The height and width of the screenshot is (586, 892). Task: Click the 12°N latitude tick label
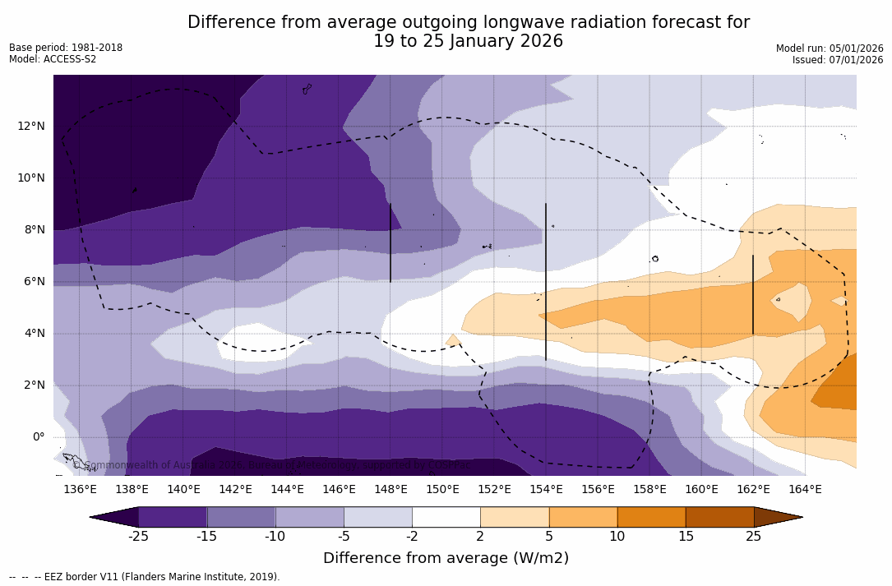tap(31, 126)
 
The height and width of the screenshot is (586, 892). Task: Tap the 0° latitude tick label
tap(38, 437)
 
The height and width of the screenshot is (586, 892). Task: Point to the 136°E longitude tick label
tap(80, 490)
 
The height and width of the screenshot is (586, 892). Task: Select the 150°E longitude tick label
tap(442, 490)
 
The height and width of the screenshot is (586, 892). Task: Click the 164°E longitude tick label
tap(805, 490)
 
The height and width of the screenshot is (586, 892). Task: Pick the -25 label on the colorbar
tap(138, 537)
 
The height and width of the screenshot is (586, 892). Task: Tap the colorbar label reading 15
tap(685, 537)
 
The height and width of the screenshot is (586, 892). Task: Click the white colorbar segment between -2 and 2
tap(446, 517)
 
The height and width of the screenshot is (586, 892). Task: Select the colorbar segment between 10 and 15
tap(651, 517)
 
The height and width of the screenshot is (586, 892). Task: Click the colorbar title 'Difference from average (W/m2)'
tap(446, 558)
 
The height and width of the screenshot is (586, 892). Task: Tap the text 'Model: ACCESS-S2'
tap(53, 59)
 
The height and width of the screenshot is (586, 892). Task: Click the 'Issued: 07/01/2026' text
tap(838, 60)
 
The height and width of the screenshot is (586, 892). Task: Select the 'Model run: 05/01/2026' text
tap(830, 48)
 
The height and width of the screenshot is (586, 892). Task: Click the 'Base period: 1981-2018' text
tap(66, 48)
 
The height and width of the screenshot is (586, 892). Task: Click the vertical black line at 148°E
tap(391, 243)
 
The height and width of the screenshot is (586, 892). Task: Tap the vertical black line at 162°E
tap(753, 295)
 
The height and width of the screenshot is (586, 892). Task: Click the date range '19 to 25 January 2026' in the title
tap(469, 41)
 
